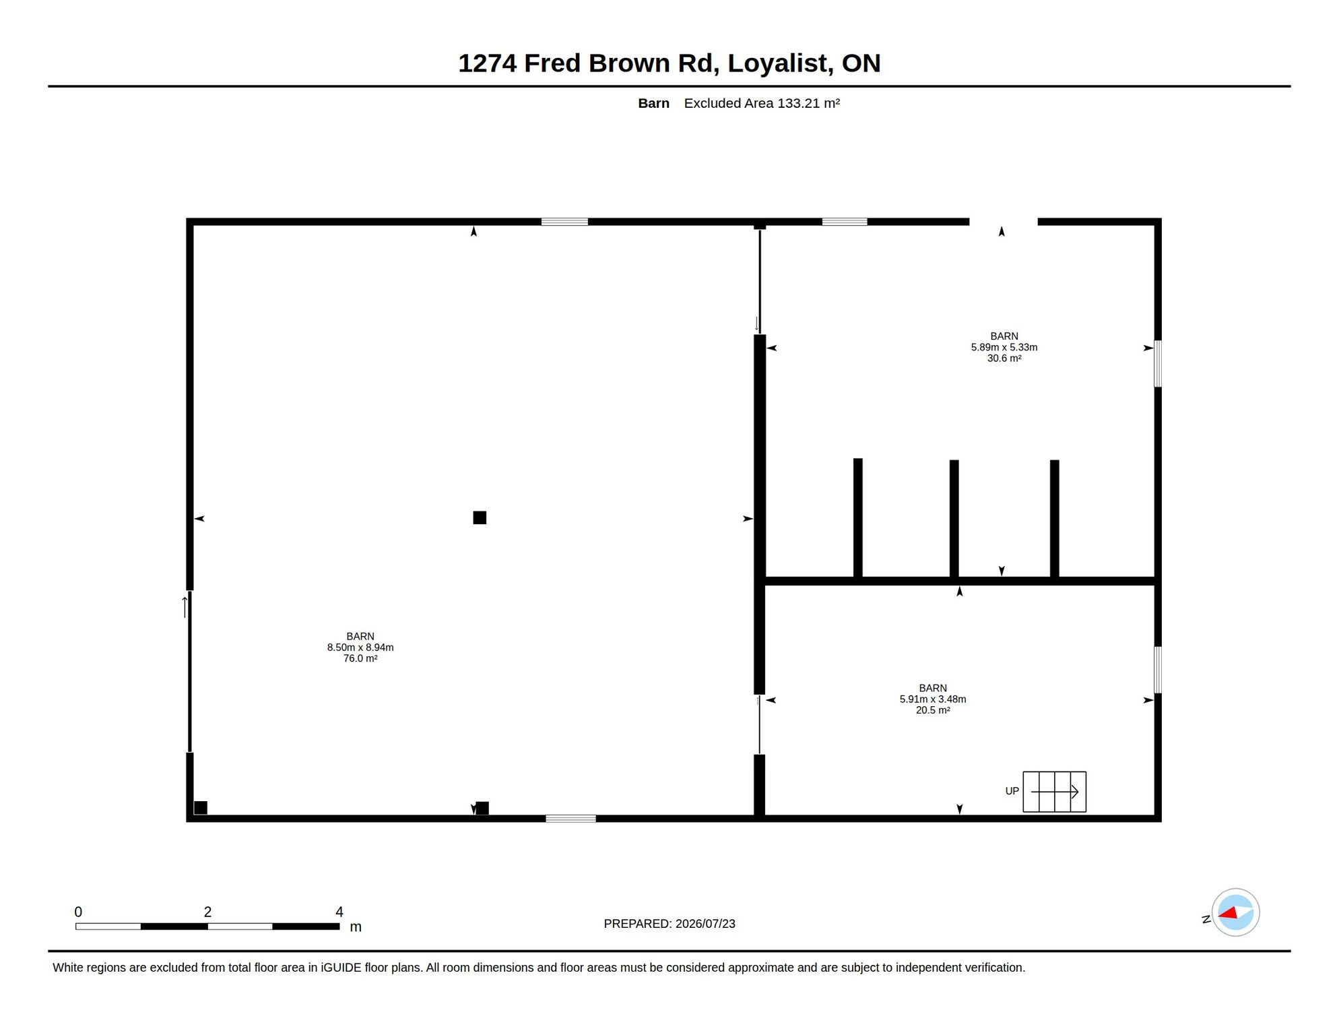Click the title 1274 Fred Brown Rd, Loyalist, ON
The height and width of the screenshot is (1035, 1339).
pyautogui.click(x=669, y=63)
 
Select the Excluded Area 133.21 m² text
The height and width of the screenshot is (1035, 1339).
pyautogui.click(x=762, y=103)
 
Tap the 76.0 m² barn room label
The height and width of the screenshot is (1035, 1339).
pyautogui.click(x=360, y=647)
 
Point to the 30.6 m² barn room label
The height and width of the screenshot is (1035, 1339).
pyautogui.click(x=1004, y=347)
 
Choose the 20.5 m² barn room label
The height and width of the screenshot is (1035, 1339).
pyautogui.click(x=932, y=699)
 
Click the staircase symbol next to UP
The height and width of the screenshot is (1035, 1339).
pyautogui.click(x=1054, y=792)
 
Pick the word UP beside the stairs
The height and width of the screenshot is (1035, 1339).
pyautogui.click(x=1012, y=791)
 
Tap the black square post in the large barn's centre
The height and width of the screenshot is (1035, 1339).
pyautogui.click(x=480, y=517)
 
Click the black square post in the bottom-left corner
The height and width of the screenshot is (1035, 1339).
pyautogui.click(x=201, y=807)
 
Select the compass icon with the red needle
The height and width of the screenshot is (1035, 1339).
pyautogui.click(x=1235, y=912)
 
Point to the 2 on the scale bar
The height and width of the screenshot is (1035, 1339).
pyautogui.click(x=207, y=912)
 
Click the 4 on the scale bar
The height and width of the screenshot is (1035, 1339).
pyautogui.click(x=339, y=912)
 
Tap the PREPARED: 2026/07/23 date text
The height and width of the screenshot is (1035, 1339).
pyautogui.click(x=669, y=924)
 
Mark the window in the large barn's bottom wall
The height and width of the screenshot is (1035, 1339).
pyautogui.click(x=570, y=819)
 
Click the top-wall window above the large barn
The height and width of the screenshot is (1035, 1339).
pyautogui.click(x=564, y=222)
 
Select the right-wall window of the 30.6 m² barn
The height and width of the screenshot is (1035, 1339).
pyautogui.click(x=1158, y=364)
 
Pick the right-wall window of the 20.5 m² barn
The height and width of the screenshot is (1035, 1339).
pyautogui.click(x=1158, y=670)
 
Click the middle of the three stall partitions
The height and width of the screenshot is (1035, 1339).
pyautogui.click(x=954, y=519)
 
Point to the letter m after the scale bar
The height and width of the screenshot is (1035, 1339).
pyautogui.click(x=356, y=927)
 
